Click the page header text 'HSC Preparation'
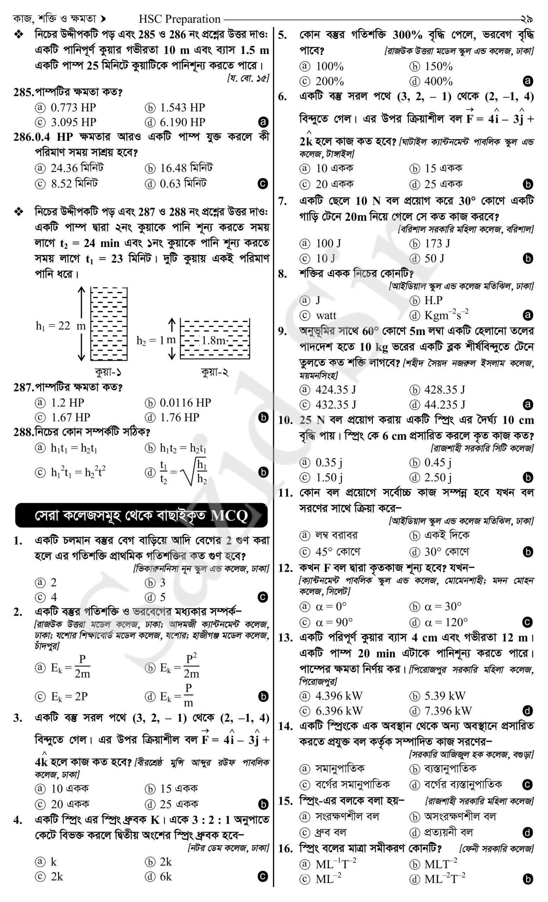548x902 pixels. coord(179,19)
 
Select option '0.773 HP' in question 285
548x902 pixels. coord(73,107)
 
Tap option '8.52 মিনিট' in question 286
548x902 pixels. coord(74,184)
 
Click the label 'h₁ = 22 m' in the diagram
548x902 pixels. coord(60,326)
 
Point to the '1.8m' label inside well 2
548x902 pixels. coord(213,340)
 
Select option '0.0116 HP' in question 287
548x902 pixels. coord(185,402)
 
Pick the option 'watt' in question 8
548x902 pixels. coord(325,315)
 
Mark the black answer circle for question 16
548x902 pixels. coord(528,879)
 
